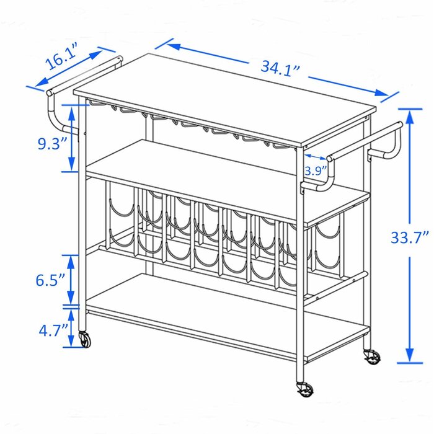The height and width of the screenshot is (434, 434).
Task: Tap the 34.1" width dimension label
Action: (x=280, y=69)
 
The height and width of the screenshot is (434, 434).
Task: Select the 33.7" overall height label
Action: (x=409, y=237)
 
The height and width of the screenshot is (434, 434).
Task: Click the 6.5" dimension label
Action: (x=50, y=280)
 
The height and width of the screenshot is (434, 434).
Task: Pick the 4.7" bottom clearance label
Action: (x=53, y=330)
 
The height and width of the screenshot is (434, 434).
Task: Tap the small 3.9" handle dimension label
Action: (x=316, y=170)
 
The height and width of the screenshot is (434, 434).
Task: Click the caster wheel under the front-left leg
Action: (x=85, y=339)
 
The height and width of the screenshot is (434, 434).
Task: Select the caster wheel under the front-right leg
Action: (x=304, y=389)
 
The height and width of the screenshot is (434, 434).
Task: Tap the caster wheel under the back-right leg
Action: (x=372, y=356)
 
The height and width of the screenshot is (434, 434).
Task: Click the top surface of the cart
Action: (x=224, y=99)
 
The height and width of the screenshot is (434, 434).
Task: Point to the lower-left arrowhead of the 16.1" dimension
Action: (x=42, y=82)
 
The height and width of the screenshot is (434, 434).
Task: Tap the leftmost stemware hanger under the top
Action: (x=96, y=104)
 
